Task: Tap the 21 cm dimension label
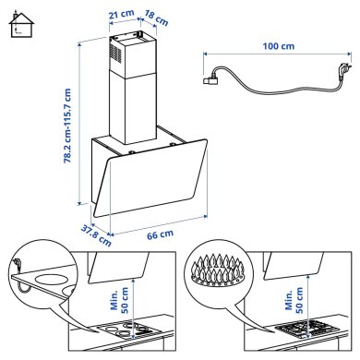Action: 117,16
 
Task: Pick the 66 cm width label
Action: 160,235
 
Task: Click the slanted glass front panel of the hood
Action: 152,185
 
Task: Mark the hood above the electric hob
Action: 125,268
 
